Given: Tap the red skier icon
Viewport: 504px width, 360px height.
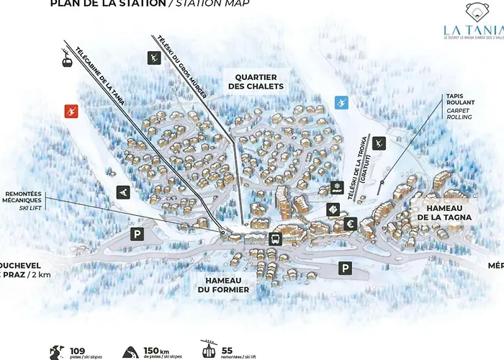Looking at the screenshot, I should click(x=71, y=111).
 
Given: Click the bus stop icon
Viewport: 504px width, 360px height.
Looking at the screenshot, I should click(x=274, y=239).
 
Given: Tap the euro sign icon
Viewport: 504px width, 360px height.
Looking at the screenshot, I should click(x=351, y=224).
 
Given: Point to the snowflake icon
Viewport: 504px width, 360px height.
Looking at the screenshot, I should click(x=335, y=189).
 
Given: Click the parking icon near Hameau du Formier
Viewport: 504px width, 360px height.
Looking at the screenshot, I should click(x=346, y=268).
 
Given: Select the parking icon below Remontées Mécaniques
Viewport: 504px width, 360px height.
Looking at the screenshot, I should click(x=137, y=233).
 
